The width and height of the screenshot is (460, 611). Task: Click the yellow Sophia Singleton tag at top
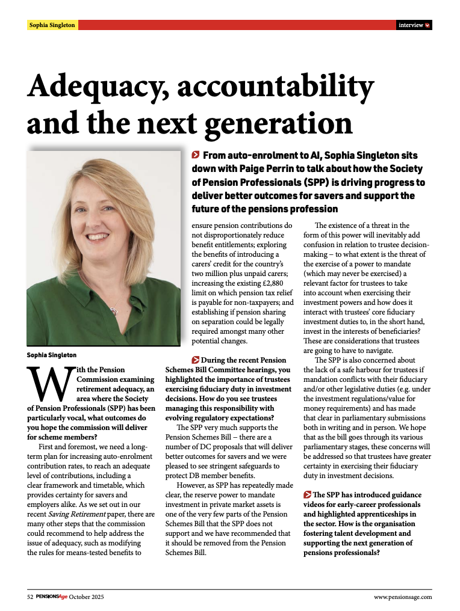52,25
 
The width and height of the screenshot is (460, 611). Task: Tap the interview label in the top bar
411,25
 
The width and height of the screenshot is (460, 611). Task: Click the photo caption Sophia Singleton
52,355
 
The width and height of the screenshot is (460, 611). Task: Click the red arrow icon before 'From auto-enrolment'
196,156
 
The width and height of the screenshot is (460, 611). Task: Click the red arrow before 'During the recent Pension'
170,359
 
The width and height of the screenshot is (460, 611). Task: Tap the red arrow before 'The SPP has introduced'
307,494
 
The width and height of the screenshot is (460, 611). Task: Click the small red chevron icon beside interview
427,25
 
